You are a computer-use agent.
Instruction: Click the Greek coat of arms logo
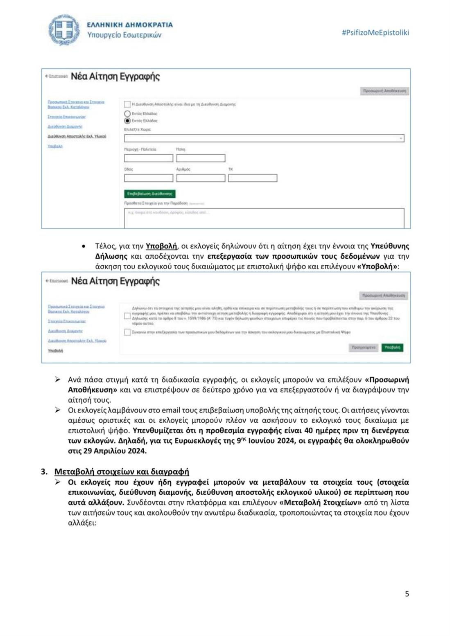[x=64, y=30]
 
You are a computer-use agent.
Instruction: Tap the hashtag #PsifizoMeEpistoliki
[x=375, y=33]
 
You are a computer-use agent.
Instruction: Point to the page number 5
[x=407, y=593]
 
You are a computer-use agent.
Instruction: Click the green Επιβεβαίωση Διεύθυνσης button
[x=149, y=194]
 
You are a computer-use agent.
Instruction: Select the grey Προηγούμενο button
[x=363, y=347]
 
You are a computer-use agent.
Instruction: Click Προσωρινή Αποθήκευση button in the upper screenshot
[x=384, y=91]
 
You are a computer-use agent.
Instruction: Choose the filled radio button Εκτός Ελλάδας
[x=127, y=121]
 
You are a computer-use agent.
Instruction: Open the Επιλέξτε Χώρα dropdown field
[x=264, y=138]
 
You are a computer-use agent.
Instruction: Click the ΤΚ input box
[x=253, y=178]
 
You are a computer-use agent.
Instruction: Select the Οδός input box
[x=149, y=178]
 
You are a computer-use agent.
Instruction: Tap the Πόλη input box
[x=201, y=158]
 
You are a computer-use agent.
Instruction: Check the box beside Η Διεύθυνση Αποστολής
[x=127, y=104]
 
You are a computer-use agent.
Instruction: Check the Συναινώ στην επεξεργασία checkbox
[x=127, y=332]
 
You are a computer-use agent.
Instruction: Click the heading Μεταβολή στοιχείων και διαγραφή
[x=122, y=471]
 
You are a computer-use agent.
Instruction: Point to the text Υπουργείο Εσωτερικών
[x=124, y=35]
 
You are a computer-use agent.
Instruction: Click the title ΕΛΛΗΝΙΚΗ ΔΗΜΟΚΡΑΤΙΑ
[x=130, y=25]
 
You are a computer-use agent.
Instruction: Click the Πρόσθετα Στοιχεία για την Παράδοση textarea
[x=264, y=218]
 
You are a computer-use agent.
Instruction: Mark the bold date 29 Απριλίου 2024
[x=107, y=451]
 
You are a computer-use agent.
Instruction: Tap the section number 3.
[x=44, y=471]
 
